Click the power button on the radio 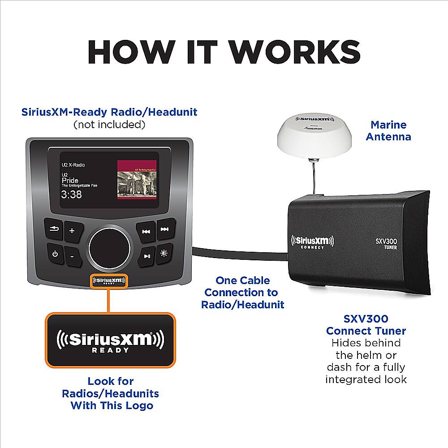[55, 254]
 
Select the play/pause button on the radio [147, 256]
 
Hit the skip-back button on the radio [146, 232]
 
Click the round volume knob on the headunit [109, 245]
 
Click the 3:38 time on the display [72, 195]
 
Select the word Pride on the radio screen [70, 180]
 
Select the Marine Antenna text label [388, 131]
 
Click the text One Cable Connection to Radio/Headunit [242, 293]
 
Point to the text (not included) [109, 124]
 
